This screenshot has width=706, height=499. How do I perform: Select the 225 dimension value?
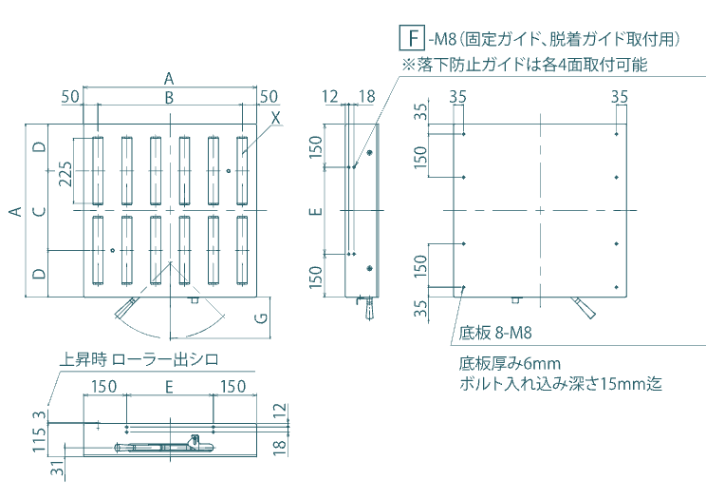(x=65, y=174)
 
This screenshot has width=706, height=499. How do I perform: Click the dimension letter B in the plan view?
(x=168, y=97)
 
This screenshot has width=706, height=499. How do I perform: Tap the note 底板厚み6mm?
(x=511, y=363)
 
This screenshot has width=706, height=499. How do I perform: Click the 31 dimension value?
(x=56, y=470)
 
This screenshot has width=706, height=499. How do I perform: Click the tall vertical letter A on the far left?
(x=16, y=210)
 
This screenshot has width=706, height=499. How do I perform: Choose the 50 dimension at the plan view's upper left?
(x=70, y=96)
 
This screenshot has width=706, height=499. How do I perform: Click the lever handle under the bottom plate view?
(x=583, y=307)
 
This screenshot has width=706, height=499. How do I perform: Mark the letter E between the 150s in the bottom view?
(x=169, y=386)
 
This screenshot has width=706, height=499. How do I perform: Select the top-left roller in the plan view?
(x=99, y=171)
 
